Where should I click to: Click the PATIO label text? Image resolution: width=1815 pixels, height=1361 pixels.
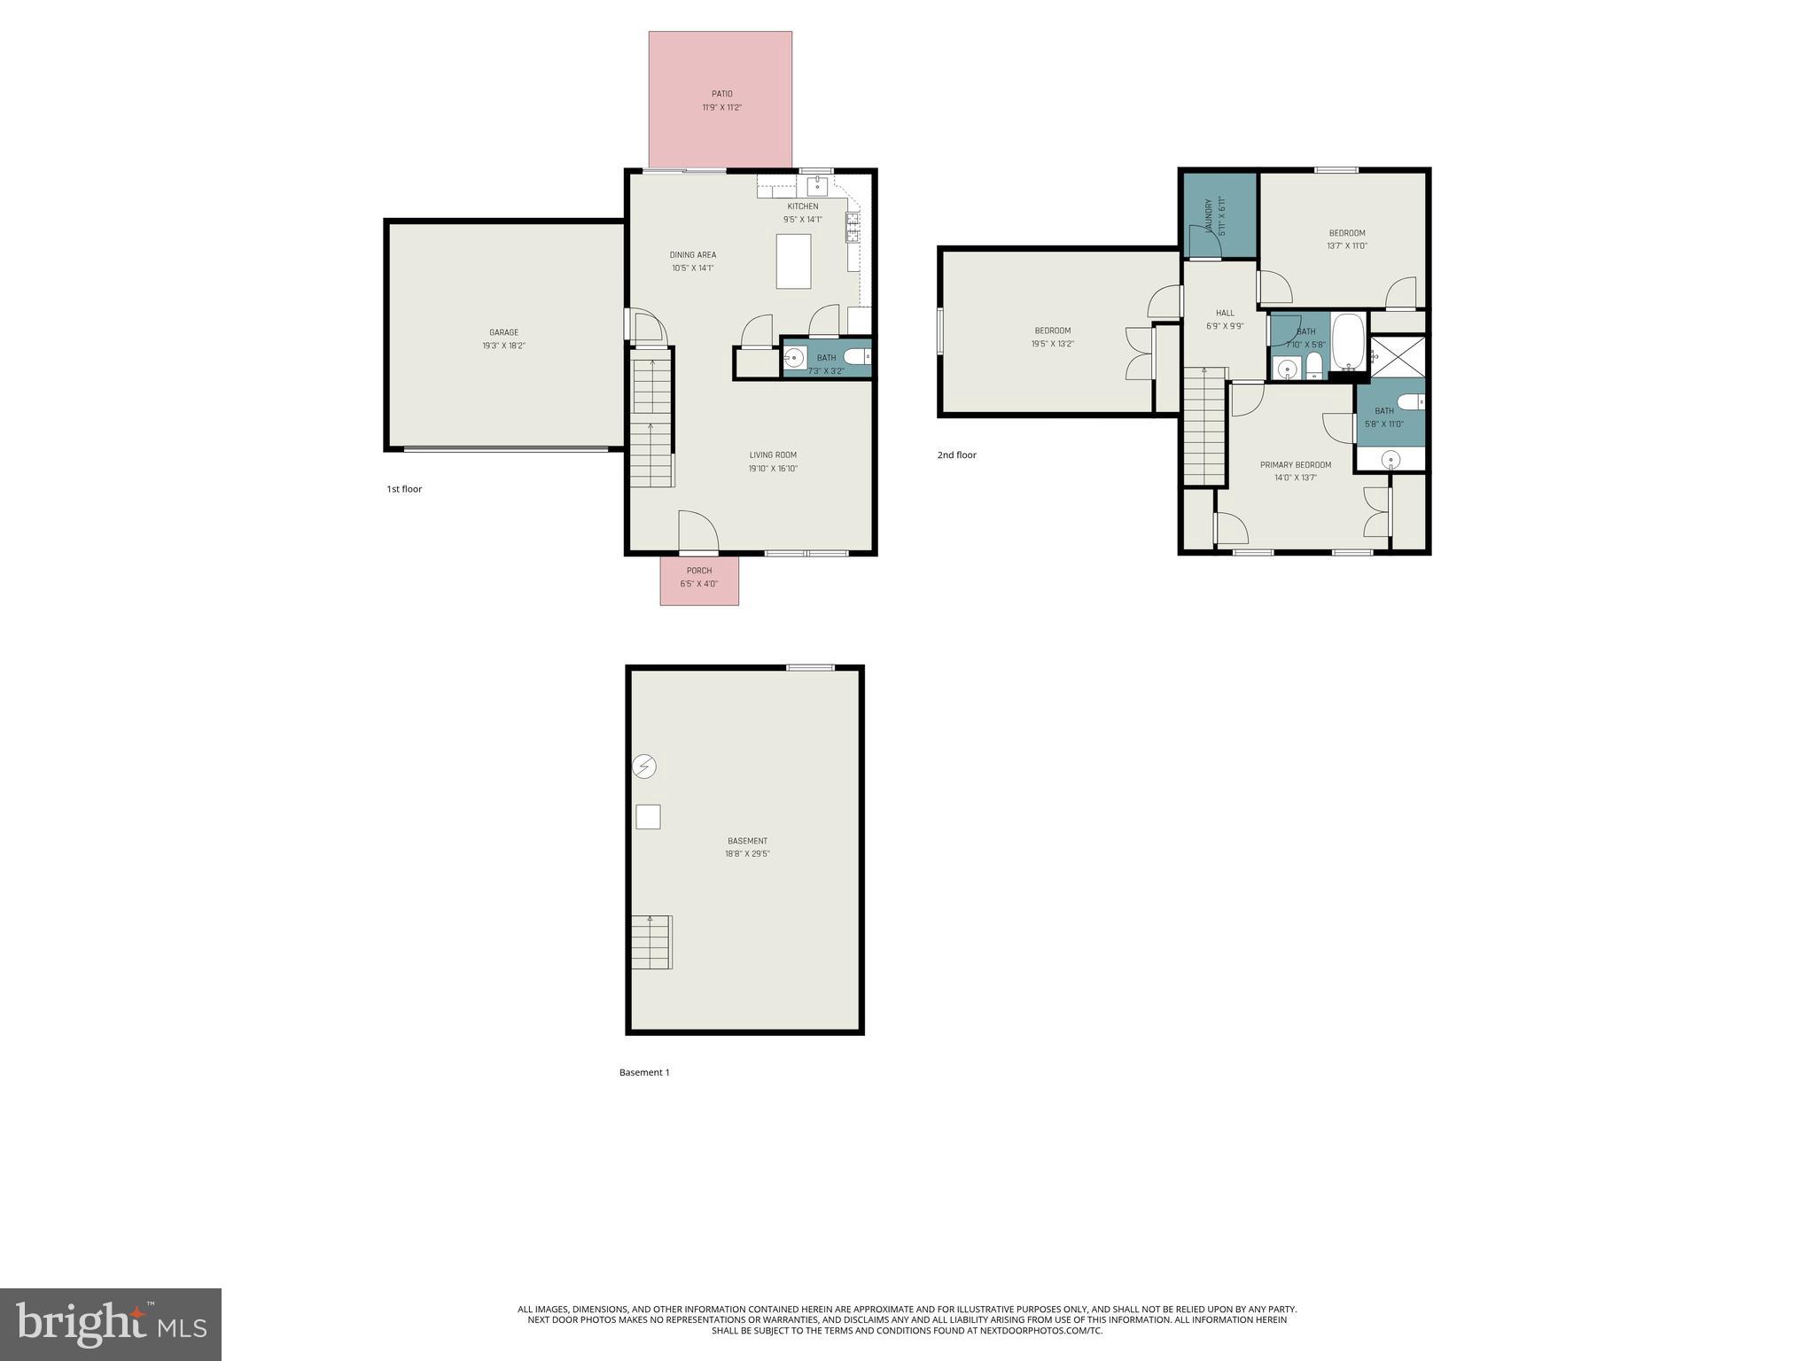721,94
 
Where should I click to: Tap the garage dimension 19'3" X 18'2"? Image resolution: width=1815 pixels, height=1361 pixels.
503,346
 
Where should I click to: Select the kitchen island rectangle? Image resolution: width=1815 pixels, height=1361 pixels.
793,261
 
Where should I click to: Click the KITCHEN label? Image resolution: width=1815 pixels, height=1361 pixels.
803,206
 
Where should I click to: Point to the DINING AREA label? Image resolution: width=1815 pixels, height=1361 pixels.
692,255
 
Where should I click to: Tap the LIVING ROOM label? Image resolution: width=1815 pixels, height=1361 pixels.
773,455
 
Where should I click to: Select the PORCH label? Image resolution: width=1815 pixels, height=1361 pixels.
698,571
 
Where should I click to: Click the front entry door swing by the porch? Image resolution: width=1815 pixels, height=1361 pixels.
697,532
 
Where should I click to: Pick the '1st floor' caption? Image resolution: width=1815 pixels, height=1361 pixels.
404,489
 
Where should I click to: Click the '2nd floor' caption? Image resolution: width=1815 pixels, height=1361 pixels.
956,455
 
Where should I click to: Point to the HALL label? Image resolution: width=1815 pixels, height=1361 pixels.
1225,313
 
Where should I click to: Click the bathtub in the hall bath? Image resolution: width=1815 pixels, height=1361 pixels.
1349,342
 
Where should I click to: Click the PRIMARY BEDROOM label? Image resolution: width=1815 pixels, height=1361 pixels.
1295,465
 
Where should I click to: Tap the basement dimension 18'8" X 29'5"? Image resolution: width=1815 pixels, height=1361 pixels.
747,854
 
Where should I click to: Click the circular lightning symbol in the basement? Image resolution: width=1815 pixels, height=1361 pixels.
644,766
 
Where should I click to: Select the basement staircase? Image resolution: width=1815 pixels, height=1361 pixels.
651,942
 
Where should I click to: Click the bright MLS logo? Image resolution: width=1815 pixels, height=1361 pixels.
111,1324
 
